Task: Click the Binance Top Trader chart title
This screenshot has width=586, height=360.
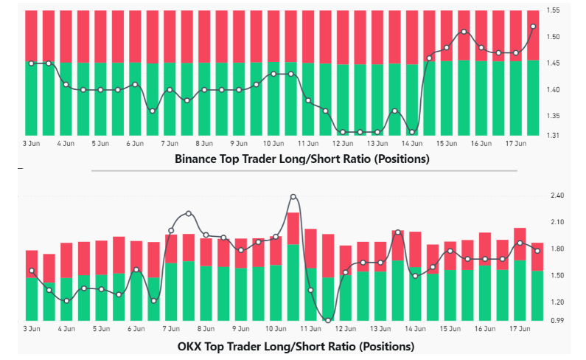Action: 301,159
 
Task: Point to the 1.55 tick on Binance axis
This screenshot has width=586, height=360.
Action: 554,10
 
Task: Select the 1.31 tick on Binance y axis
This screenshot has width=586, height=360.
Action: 554,136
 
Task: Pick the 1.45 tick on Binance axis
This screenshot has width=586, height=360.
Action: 554,63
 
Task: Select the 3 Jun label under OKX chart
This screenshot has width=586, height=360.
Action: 31,329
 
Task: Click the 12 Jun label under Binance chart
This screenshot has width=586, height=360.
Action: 343,143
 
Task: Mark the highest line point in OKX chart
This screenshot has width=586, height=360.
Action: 293,197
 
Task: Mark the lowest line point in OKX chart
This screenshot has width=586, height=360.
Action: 328,319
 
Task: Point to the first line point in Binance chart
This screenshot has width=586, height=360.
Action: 31,63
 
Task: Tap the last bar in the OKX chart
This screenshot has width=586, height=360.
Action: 537,281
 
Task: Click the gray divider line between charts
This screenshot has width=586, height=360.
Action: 304,171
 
